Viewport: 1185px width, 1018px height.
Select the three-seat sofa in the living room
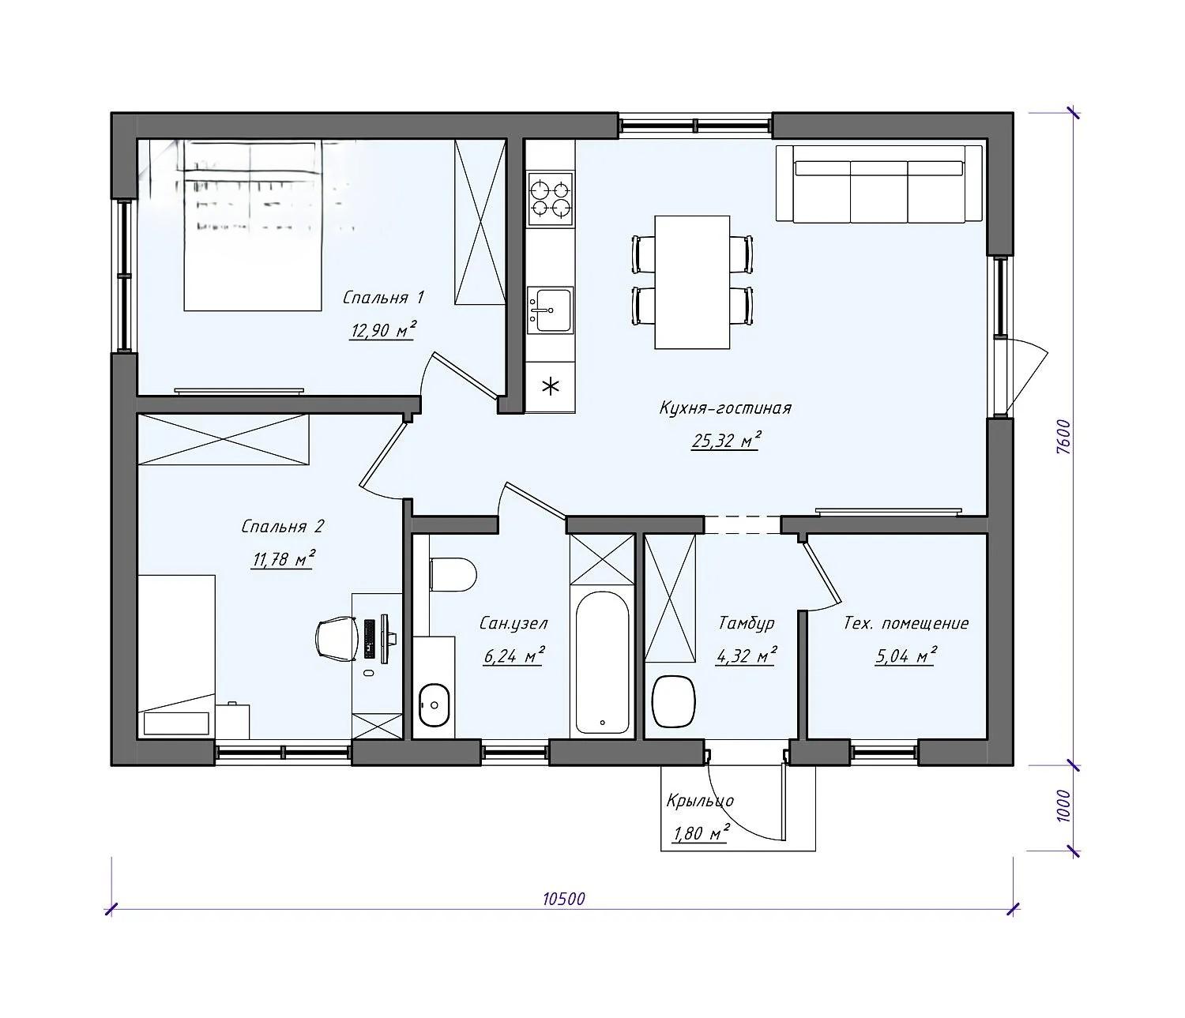pos(879,183)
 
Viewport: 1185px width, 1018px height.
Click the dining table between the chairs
pos(692,282)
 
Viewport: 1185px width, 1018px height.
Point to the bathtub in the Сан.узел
pos(602,663)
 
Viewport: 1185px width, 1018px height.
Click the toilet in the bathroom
pos(453,574)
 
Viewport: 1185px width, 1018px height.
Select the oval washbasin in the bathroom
pos(434,705)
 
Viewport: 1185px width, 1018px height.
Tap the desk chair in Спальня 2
pos(336,640)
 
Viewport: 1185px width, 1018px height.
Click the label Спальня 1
pos(383,298)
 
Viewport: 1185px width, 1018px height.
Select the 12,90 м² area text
pos(382,330)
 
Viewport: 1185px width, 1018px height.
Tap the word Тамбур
pos(747,623)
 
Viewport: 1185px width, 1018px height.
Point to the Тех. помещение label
pos(906,623)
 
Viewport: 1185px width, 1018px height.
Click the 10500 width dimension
pos(564,899)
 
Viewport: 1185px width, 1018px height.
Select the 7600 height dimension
pos(1063,437)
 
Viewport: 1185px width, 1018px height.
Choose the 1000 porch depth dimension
pos(1063,806)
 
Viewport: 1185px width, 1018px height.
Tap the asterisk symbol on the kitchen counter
pos(551,386)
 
